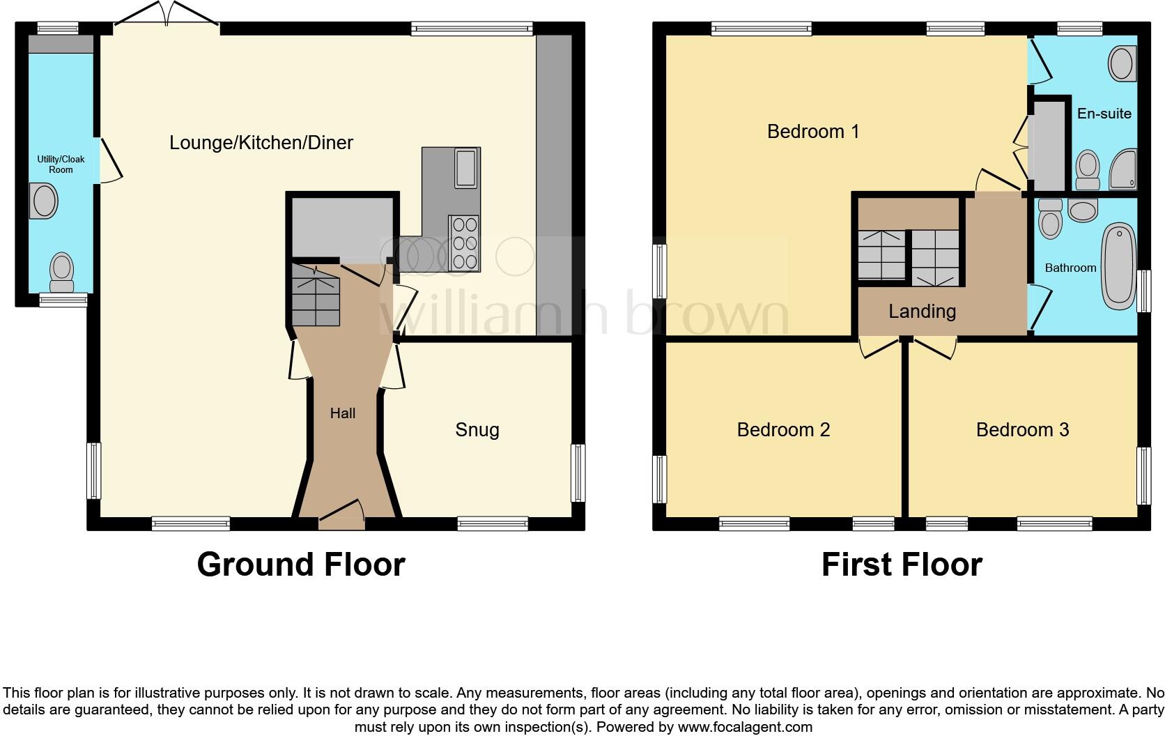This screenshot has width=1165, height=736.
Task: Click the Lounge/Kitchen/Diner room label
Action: click(x=261, y=143)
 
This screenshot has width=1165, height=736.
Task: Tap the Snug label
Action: click(x=477, y=430)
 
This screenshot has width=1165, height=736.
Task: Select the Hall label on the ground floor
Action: click(x=342, y=413)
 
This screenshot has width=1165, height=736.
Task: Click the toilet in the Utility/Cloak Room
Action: click(x=62, y=270)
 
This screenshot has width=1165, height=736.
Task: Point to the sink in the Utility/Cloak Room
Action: click(x=45, y=201)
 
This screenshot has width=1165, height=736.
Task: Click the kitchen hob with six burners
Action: click(x=465, y=243)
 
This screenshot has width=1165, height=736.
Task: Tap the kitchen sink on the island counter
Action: click(x=465, y=169)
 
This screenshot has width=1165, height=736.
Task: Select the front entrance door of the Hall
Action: click(x=342, y=516)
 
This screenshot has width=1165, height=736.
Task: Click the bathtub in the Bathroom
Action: click(x=1119, y=266)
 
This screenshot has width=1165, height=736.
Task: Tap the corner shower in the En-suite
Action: click(x=1122, y=170)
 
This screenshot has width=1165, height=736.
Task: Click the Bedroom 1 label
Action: click(x=813, y=131)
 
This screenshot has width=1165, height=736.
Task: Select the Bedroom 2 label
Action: click(x=783, y=430)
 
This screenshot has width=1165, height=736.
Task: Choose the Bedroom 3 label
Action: click(x=1022, y=430)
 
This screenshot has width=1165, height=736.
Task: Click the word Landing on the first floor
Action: click(x=922, y=312)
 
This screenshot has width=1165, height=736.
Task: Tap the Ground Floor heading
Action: click(x=301, y=565)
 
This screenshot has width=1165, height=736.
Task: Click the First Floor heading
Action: click(x=902, y=565)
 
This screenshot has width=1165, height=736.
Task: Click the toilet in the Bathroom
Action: click(x=1050, y=220)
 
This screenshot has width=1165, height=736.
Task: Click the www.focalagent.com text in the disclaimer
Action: click(x=744, y=728)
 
